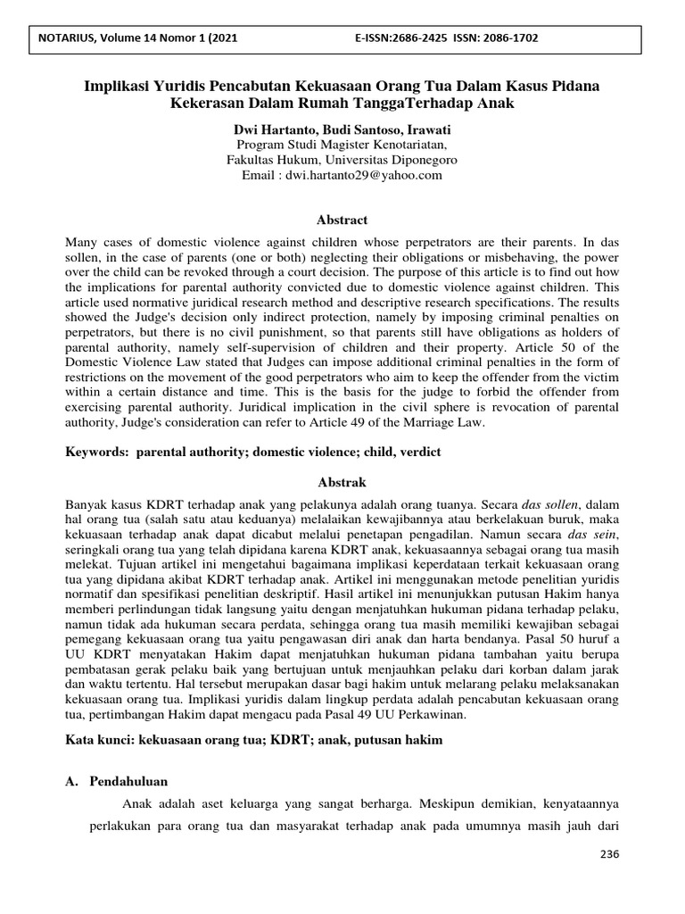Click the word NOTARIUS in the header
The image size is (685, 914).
coord(60,38)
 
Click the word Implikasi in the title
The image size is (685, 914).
coord(118,86)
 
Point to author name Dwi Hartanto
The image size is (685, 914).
coord(270,129)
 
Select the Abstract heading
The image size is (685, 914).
coord(342,220)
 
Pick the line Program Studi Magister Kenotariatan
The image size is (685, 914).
coord(342,145)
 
